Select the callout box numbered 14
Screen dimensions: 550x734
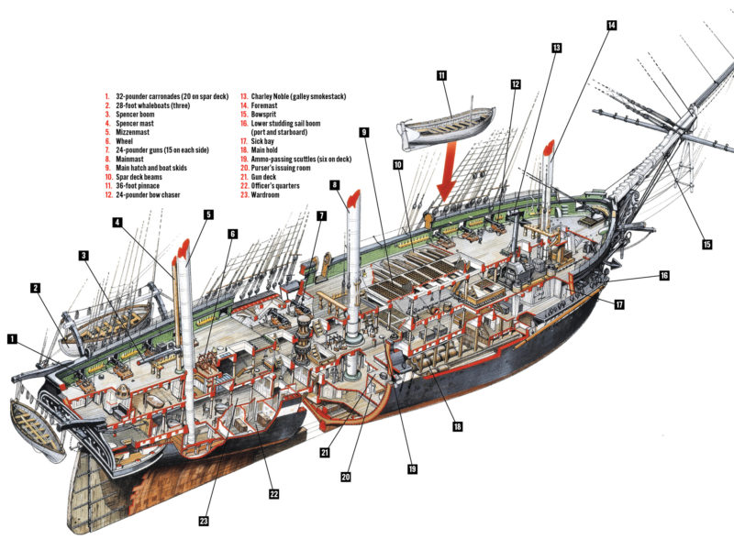611,26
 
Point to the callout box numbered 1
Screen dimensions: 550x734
12,338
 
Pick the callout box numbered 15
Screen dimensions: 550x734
706,244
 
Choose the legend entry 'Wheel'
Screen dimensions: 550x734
125,140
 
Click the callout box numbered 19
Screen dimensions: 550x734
412,468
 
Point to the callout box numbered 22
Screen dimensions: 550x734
273,494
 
